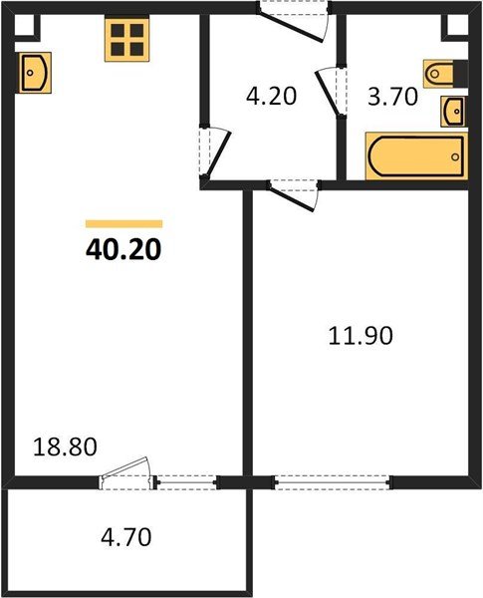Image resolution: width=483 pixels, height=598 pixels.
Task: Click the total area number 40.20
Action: [123, 248]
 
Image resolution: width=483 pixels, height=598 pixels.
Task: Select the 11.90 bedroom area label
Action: [362, 336]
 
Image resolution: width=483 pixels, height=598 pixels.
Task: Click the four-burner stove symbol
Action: [126, 38]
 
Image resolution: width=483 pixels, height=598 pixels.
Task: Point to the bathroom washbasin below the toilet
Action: [453, 111]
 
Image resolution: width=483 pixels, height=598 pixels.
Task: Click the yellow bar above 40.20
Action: [123, 224]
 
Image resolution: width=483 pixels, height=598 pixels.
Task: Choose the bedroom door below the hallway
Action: [294, 192]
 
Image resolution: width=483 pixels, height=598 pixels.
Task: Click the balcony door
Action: [126, 475]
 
